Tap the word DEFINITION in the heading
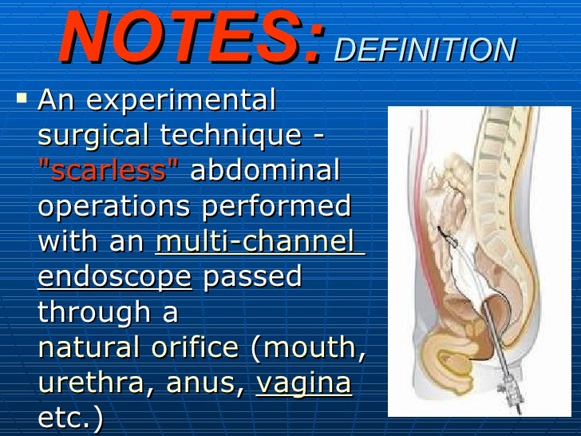(x=425, y=50)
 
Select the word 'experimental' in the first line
(x=181, y=101)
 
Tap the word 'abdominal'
(x=265, y=171)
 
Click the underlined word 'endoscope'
(x=115, y=277)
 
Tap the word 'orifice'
(x=196, y=348)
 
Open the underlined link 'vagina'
(x=303, y=384)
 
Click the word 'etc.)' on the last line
(x=70, y=419)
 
